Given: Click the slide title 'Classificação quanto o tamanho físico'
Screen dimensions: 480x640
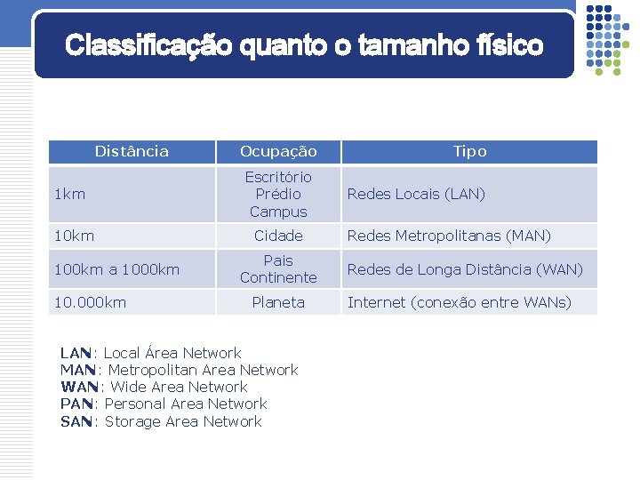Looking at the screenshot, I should [304, 45].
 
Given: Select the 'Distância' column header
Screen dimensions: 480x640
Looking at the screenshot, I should [132, 151].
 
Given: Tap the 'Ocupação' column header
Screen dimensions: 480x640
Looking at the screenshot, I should [278, 151].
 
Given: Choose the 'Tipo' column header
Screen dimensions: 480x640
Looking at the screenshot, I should [469, 151].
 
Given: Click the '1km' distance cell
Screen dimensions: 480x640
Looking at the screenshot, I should [70, 194].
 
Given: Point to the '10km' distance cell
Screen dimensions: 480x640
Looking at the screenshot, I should [74, 236].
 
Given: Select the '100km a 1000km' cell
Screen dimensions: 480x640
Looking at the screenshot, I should [116, 269].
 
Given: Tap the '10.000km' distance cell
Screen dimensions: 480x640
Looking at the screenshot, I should [90, 302].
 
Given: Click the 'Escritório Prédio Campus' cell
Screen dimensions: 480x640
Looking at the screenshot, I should [278, 194].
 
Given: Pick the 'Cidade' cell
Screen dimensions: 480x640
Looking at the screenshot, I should [278, 236].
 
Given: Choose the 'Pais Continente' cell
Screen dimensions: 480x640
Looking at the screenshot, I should [278, 269].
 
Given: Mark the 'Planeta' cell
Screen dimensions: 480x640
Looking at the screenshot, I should [278, 302].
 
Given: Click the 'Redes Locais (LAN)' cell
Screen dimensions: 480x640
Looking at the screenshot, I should [416, 194].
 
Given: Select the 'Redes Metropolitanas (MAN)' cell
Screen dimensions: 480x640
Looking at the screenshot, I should [449, 236].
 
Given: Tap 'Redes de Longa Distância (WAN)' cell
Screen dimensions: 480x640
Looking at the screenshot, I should [465, 269].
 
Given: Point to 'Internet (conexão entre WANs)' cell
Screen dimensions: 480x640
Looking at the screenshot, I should [460, 302].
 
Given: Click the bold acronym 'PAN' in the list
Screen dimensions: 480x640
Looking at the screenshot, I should [76, 404].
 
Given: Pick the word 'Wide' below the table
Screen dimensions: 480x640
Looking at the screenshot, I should [127, 387].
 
